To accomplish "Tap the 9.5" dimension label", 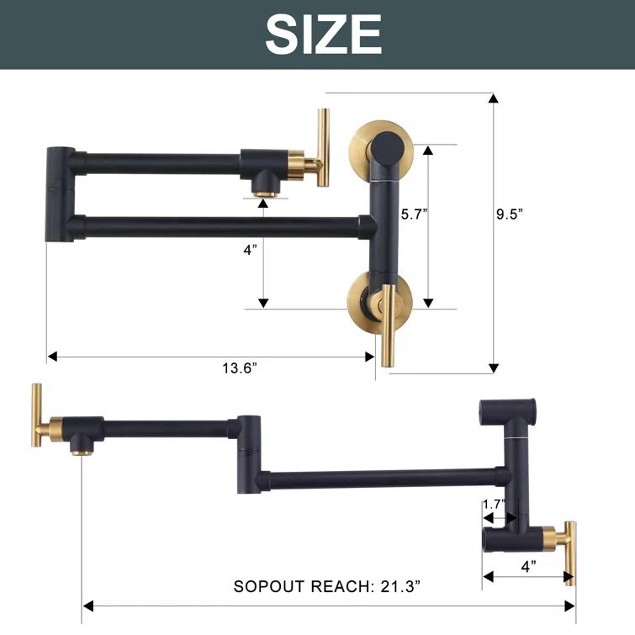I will [510, 214].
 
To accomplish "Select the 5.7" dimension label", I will [413, 214].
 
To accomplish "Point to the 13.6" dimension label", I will [240, 368].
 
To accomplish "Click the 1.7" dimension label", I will [494, 505].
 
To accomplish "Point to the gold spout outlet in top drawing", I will [264, 192].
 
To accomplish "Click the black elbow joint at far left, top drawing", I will [58, 194].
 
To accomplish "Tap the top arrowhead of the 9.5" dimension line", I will [494, 98].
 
